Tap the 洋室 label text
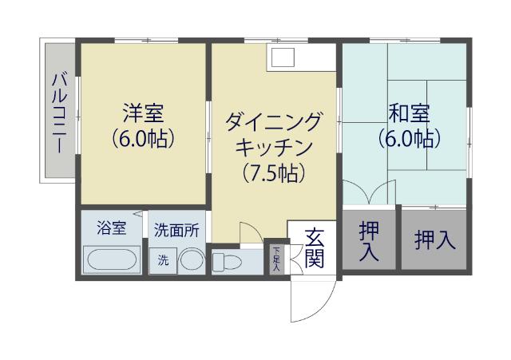pyautogui.click(x=143, y=110)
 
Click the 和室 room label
pyautogui.click(x=408, y=110)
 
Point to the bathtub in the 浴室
pyautogui.click(x=113, y=259)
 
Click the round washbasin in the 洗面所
pyautogui.click(x=191, y=260)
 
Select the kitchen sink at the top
pyautogui.click(x=282, y=57)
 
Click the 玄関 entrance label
pyautogui.click(x=315, y=247)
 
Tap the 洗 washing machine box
pyautogui.click(x=163, y=260)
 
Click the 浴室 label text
pyautogui.click(x=111, y=228)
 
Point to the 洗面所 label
pyautogui.click(x=177, y=229)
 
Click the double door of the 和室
pyautogui.click(x=369, y=194)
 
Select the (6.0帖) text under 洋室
pyautogui.click(x=143, y=139)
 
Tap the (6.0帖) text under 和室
pyautogui.click(x=409, y=138)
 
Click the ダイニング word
pyautogui.click(x=274, y=122)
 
